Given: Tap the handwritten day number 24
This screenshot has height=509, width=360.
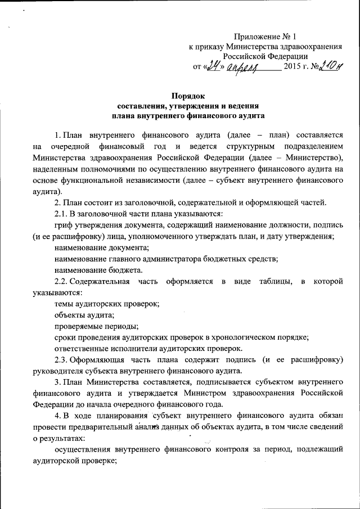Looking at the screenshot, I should tap(211, 67).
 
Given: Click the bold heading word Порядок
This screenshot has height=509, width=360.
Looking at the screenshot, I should tap(188, 96).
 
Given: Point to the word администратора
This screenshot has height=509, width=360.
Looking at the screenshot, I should tap(170, 258).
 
